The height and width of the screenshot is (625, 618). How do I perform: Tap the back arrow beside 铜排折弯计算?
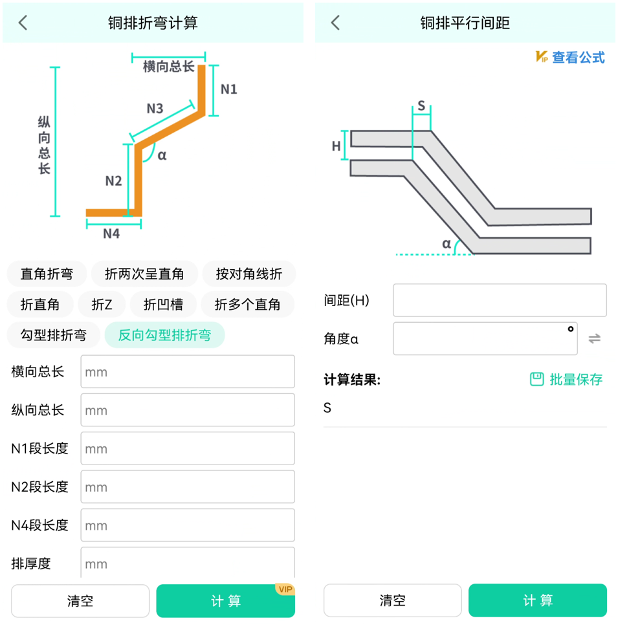tap(23, 23)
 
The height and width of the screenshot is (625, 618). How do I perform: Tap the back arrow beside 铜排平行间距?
tap(335, 23)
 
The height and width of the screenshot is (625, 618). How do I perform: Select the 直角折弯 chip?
tap(47, 274)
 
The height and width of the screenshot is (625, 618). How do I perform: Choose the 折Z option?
tap(102, 304)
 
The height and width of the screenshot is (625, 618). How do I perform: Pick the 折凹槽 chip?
tap(163, 304)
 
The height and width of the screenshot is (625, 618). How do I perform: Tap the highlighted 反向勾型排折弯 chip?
tap(164, 335)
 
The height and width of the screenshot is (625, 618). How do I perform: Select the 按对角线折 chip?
tap(249, 274)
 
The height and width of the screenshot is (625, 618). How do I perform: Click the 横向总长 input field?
tap(188, 372)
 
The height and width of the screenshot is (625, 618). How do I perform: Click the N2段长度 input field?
tap(188, 487)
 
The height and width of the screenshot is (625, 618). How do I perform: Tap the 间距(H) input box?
tap(500, 300)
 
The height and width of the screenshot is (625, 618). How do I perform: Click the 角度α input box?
tap(485, 338)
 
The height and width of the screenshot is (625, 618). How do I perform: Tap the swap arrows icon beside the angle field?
tap(595, 338)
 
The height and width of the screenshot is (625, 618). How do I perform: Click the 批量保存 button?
tap(567, 380)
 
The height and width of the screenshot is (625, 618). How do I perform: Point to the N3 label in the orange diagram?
tap(155, 108)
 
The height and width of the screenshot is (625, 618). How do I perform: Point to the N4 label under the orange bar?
tap(111, 234)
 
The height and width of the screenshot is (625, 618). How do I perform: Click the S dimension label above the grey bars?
tap(421, 106)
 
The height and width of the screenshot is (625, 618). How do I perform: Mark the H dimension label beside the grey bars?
tap(337, 146)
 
